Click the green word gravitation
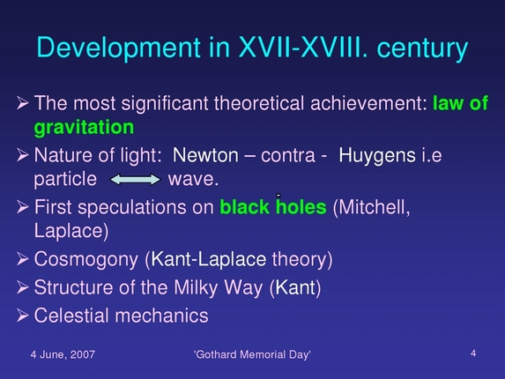coord(84,128)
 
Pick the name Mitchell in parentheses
coord(373,209)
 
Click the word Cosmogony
coord(87,260)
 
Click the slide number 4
coord(473,353)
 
